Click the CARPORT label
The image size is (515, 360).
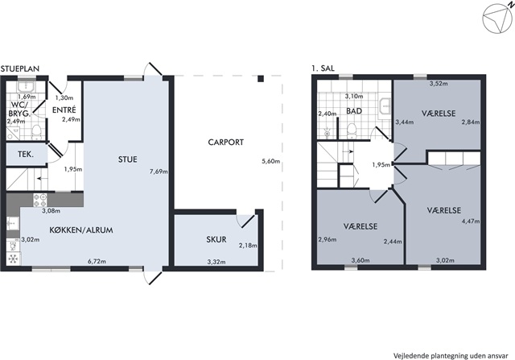tap(225, 143)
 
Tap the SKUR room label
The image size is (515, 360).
tap(216, 239)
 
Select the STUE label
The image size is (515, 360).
tap(128, 159)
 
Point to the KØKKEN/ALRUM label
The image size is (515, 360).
tap(81, 230)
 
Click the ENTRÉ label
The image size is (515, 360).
tap(64, 110)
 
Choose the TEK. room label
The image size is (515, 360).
tap(26, 154)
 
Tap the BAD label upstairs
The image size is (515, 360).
tap(354, 111)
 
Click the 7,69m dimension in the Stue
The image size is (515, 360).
tap(159, 172)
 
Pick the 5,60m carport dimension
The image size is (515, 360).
tap(270, 161)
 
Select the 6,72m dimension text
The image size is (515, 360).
tap(97, 262)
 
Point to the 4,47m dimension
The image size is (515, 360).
tap(470, 221)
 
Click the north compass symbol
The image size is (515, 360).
tap(496, 18)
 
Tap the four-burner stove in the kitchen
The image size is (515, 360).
tap(39, 201)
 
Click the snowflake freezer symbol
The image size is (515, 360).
tap(13, 259)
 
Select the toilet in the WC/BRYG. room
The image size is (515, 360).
tap(36, 131)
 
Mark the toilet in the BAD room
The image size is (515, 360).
tap(352, 130)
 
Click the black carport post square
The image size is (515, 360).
tap(261, 79)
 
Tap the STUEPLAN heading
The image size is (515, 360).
tap(19, 68)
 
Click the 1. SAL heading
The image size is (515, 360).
tap(323, 68)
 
